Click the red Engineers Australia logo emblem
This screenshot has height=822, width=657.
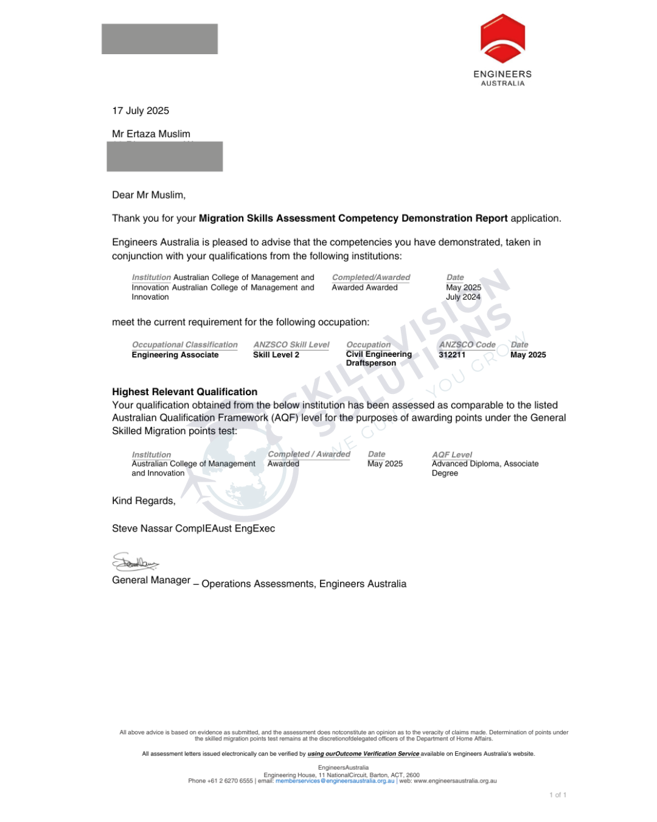tap(502, 39)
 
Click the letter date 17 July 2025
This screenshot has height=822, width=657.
tap(141, 111)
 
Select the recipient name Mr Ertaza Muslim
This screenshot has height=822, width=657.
tap(151, 134)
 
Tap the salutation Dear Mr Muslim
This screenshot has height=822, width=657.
tap(148, 195)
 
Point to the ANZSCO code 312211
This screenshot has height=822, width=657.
tap(452, 355)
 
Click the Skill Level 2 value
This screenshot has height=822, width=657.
tap(276, 355)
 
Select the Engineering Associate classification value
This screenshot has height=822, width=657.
tap(175, 355)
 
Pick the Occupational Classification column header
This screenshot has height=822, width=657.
tap(185, 345)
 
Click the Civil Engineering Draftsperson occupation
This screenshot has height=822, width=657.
tap(378, 359)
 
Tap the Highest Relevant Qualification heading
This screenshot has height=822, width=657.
tap(184, 392)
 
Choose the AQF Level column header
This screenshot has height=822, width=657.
tap(452, 455)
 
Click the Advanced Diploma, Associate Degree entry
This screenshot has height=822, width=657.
tap(485, 468)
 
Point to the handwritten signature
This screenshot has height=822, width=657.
tap(135, 563)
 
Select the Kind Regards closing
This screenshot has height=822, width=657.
tap(144, 501)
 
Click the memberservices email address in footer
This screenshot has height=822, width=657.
tap(335, 781)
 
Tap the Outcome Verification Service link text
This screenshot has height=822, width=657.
tap(363, 754)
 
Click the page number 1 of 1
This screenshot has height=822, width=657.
tap(558, 795)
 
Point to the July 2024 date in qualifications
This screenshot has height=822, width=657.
tap(464, 297)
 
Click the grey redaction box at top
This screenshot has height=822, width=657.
tap(159, 39)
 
